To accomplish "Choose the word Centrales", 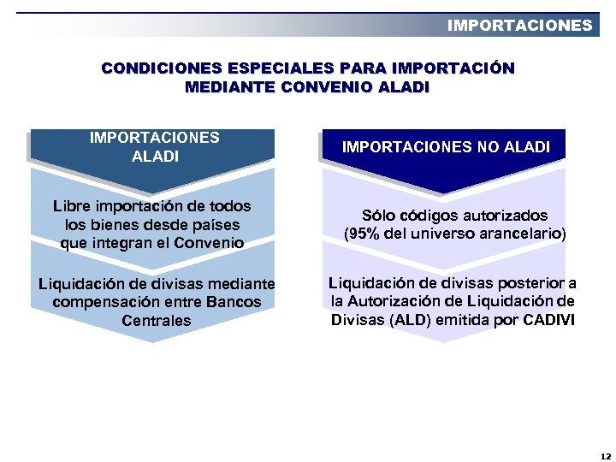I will point(157,322).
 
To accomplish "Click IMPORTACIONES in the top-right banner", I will point(519,26).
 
